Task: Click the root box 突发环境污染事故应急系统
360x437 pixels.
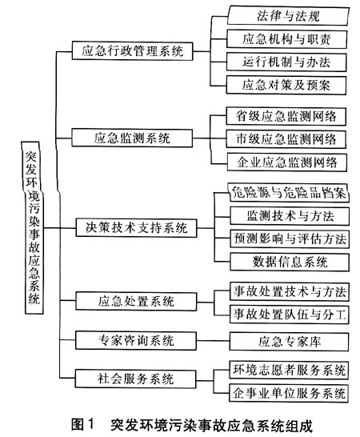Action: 33,227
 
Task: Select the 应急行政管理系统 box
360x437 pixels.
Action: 132,51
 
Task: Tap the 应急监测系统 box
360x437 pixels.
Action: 132,138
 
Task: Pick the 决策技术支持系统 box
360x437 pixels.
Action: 136,228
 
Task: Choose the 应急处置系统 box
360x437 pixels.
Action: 136,301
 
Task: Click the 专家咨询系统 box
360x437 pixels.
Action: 136,341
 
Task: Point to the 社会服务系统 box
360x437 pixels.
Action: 135,379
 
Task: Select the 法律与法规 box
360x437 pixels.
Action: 288,16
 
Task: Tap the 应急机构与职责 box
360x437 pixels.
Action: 286,39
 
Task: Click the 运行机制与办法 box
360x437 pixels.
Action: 286,62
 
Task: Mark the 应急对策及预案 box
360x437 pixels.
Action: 286,85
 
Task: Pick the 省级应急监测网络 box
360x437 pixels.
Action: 286,116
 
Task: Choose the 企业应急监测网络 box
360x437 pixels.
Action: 287,162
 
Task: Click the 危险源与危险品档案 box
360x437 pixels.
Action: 289,192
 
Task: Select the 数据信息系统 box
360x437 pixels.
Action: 290,262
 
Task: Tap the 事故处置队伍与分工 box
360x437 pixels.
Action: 290,315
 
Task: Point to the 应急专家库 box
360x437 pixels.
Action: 290,342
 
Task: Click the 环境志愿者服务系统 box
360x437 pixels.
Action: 289,370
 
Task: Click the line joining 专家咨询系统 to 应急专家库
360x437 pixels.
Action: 213,341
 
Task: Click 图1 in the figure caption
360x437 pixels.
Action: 83,425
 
